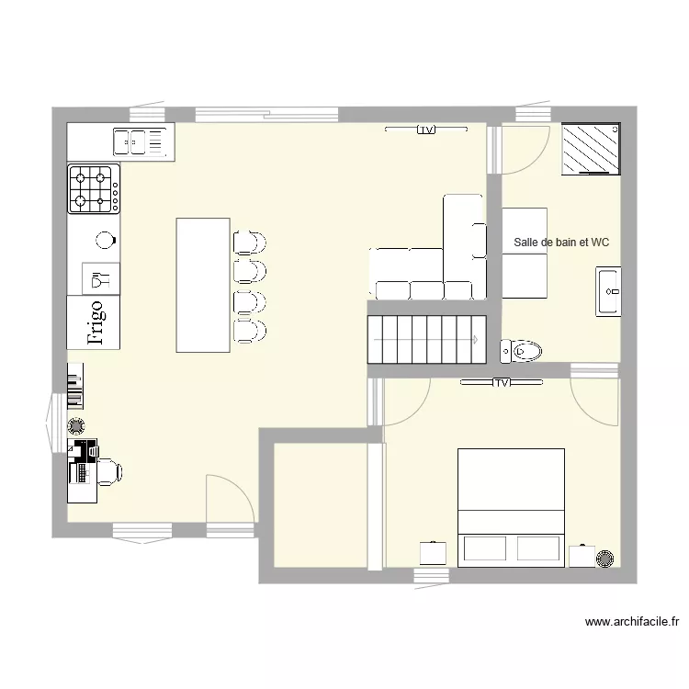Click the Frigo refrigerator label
[x=96, y=322]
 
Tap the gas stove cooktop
[x=94, y=189]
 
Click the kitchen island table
[x=203, y=285]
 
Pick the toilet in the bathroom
[x=521, y=351]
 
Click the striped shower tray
[x=591, y=149]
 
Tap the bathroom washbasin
[x=608, y=291]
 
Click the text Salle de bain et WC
[x=561, y=243]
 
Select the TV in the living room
[x=426, y=130]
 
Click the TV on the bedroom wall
[x=502, y=383]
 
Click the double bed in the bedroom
[x=511, y=508]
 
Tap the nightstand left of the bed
[x=433, y=553]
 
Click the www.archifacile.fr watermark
[x=632, y=622]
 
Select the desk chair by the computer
[x=109, y=472]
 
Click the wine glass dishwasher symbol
[x=101, y=279]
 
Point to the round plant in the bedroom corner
[x=605, y=558]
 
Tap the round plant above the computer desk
[x=76, y=425]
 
